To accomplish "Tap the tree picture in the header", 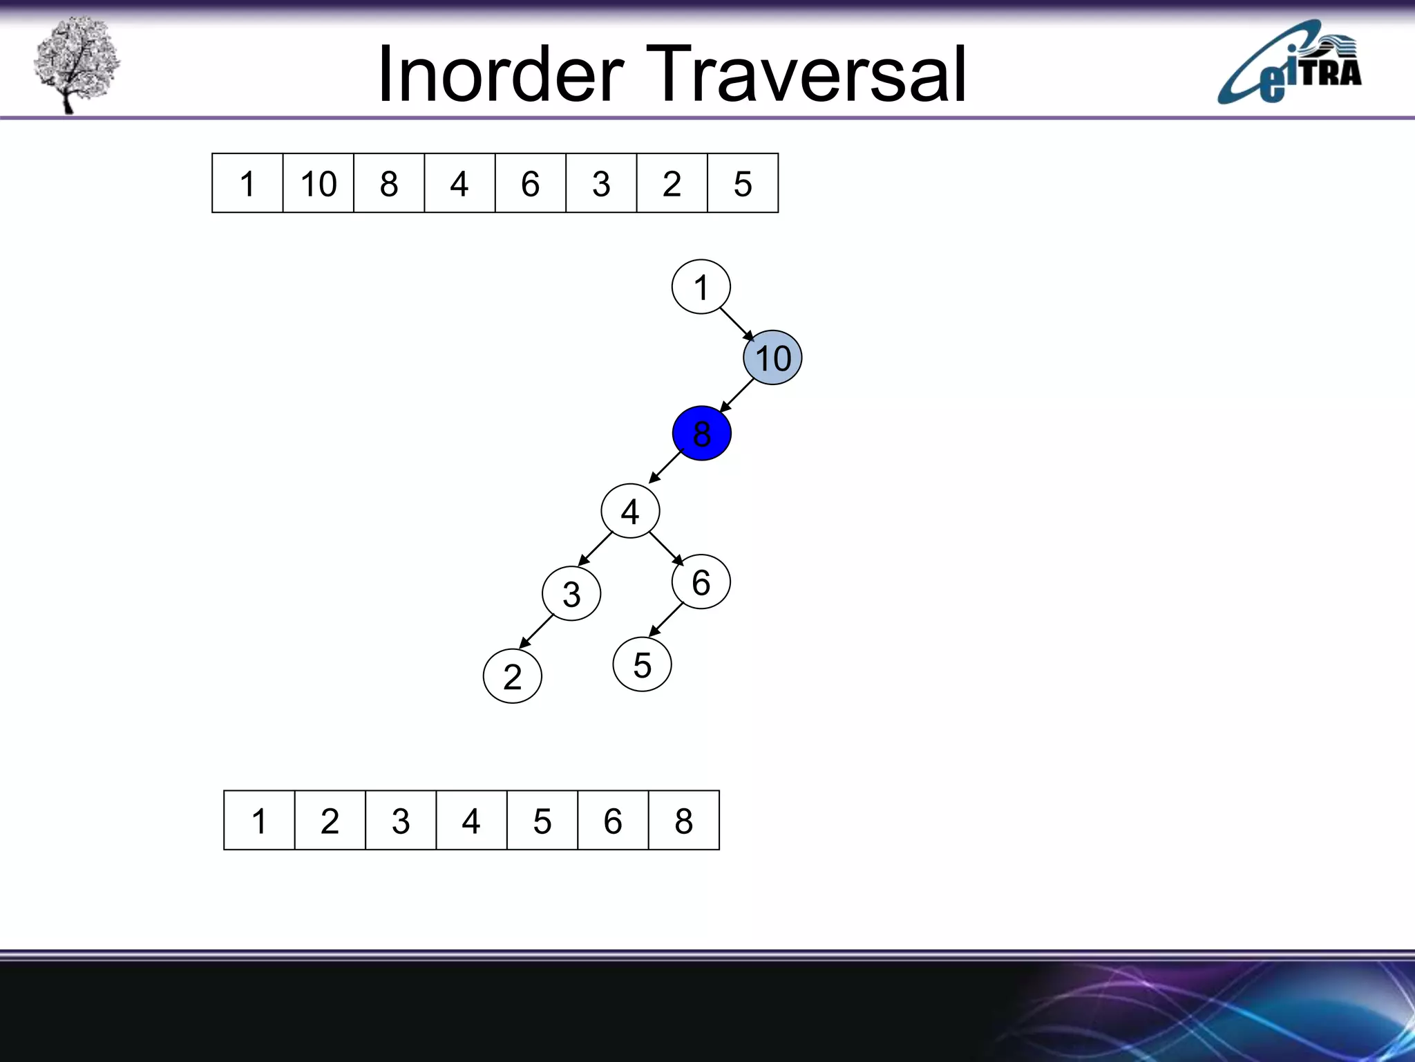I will [x=76, y=64].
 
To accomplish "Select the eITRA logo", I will [x=1289, y=64].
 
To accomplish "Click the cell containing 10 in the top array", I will [x=318, y=183].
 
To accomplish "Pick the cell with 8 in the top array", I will [x=389, y=183].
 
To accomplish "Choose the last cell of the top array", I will [x=743, y=183].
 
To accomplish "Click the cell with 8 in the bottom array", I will [x=684, y=821].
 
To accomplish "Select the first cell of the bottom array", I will [x=259, y=821].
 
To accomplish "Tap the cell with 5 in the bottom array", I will [x=542, y=821].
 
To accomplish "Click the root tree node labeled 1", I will [x=701, y=287].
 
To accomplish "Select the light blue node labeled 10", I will [x=772, y=358].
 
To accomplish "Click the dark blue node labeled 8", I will [x=701, y=434].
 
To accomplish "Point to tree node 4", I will [x=630, y=512].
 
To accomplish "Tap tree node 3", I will [x=571, y=594].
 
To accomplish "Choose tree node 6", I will [x=701, y=582].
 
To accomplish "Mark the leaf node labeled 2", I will [x=512, y=676].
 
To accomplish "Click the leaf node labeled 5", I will [x=642, y=665].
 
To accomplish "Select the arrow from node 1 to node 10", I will [x=737, y=324].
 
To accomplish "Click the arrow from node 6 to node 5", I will [x=666, y=619].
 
